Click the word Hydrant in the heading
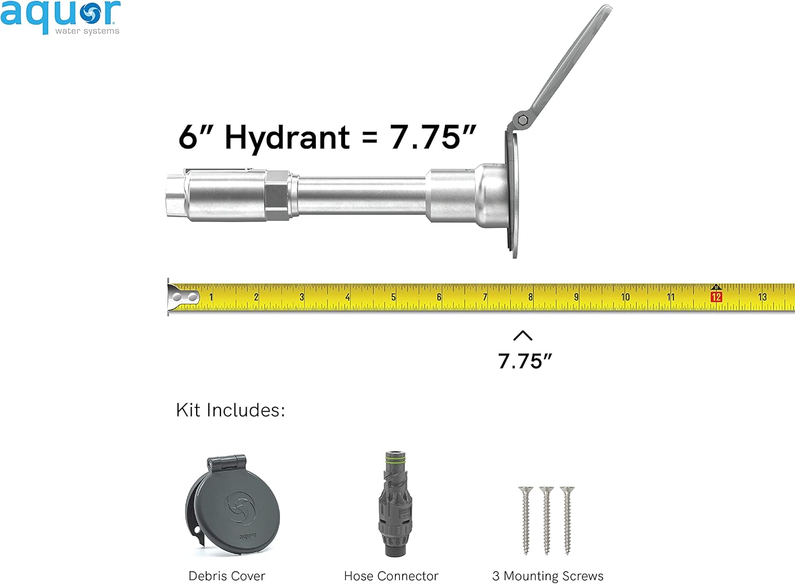[287, 138]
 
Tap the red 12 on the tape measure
[716, 297]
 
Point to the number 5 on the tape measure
[393, 297]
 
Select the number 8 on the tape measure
[530, 297]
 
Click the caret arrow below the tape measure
[523, 335]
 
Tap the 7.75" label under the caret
[525, 361]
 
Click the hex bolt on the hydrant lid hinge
[523, 120]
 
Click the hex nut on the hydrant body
[277, 195]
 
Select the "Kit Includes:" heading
[231, 410]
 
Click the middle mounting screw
[546, 519]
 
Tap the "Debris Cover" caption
[227, 576]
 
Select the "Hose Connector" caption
[391, 576]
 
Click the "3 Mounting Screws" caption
[547, 576]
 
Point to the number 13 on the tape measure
[762, 297]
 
